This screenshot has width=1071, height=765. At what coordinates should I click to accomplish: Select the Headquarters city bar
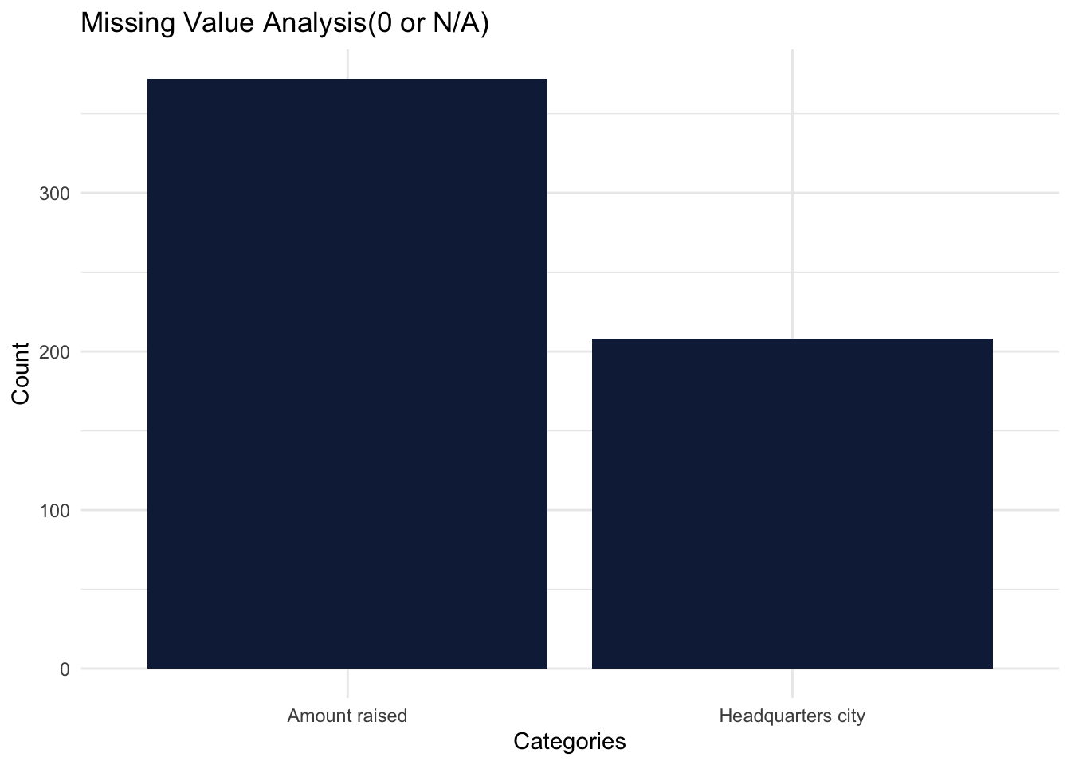(x=792, y=504)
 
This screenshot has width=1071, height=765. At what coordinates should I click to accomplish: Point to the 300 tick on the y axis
(x=54, y=194)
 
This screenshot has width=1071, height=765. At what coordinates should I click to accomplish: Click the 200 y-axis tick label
(x=54, y=352)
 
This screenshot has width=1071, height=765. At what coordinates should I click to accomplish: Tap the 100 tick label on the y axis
(x=54, y=511)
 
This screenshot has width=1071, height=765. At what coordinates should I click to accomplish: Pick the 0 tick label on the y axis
(x=64, y=669)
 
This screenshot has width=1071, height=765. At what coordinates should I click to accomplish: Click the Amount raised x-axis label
(x=347, y=716)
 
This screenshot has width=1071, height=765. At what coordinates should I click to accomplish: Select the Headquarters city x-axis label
(x=792, y=716)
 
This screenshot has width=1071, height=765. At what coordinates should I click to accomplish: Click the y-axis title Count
(x=21, y=373)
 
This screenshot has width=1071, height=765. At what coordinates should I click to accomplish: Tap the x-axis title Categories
(x=570, y=742)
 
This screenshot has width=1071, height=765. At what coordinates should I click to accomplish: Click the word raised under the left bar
(x=380, y=716)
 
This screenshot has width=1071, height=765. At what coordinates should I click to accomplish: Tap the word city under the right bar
(x=849, y=716)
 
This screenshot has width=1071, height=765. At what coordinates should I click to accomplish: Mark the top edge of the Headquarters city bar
(x=792, y=339)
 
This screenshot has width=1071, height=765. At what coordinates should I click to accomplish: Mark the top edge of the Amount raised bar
(x=347, y=80)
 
